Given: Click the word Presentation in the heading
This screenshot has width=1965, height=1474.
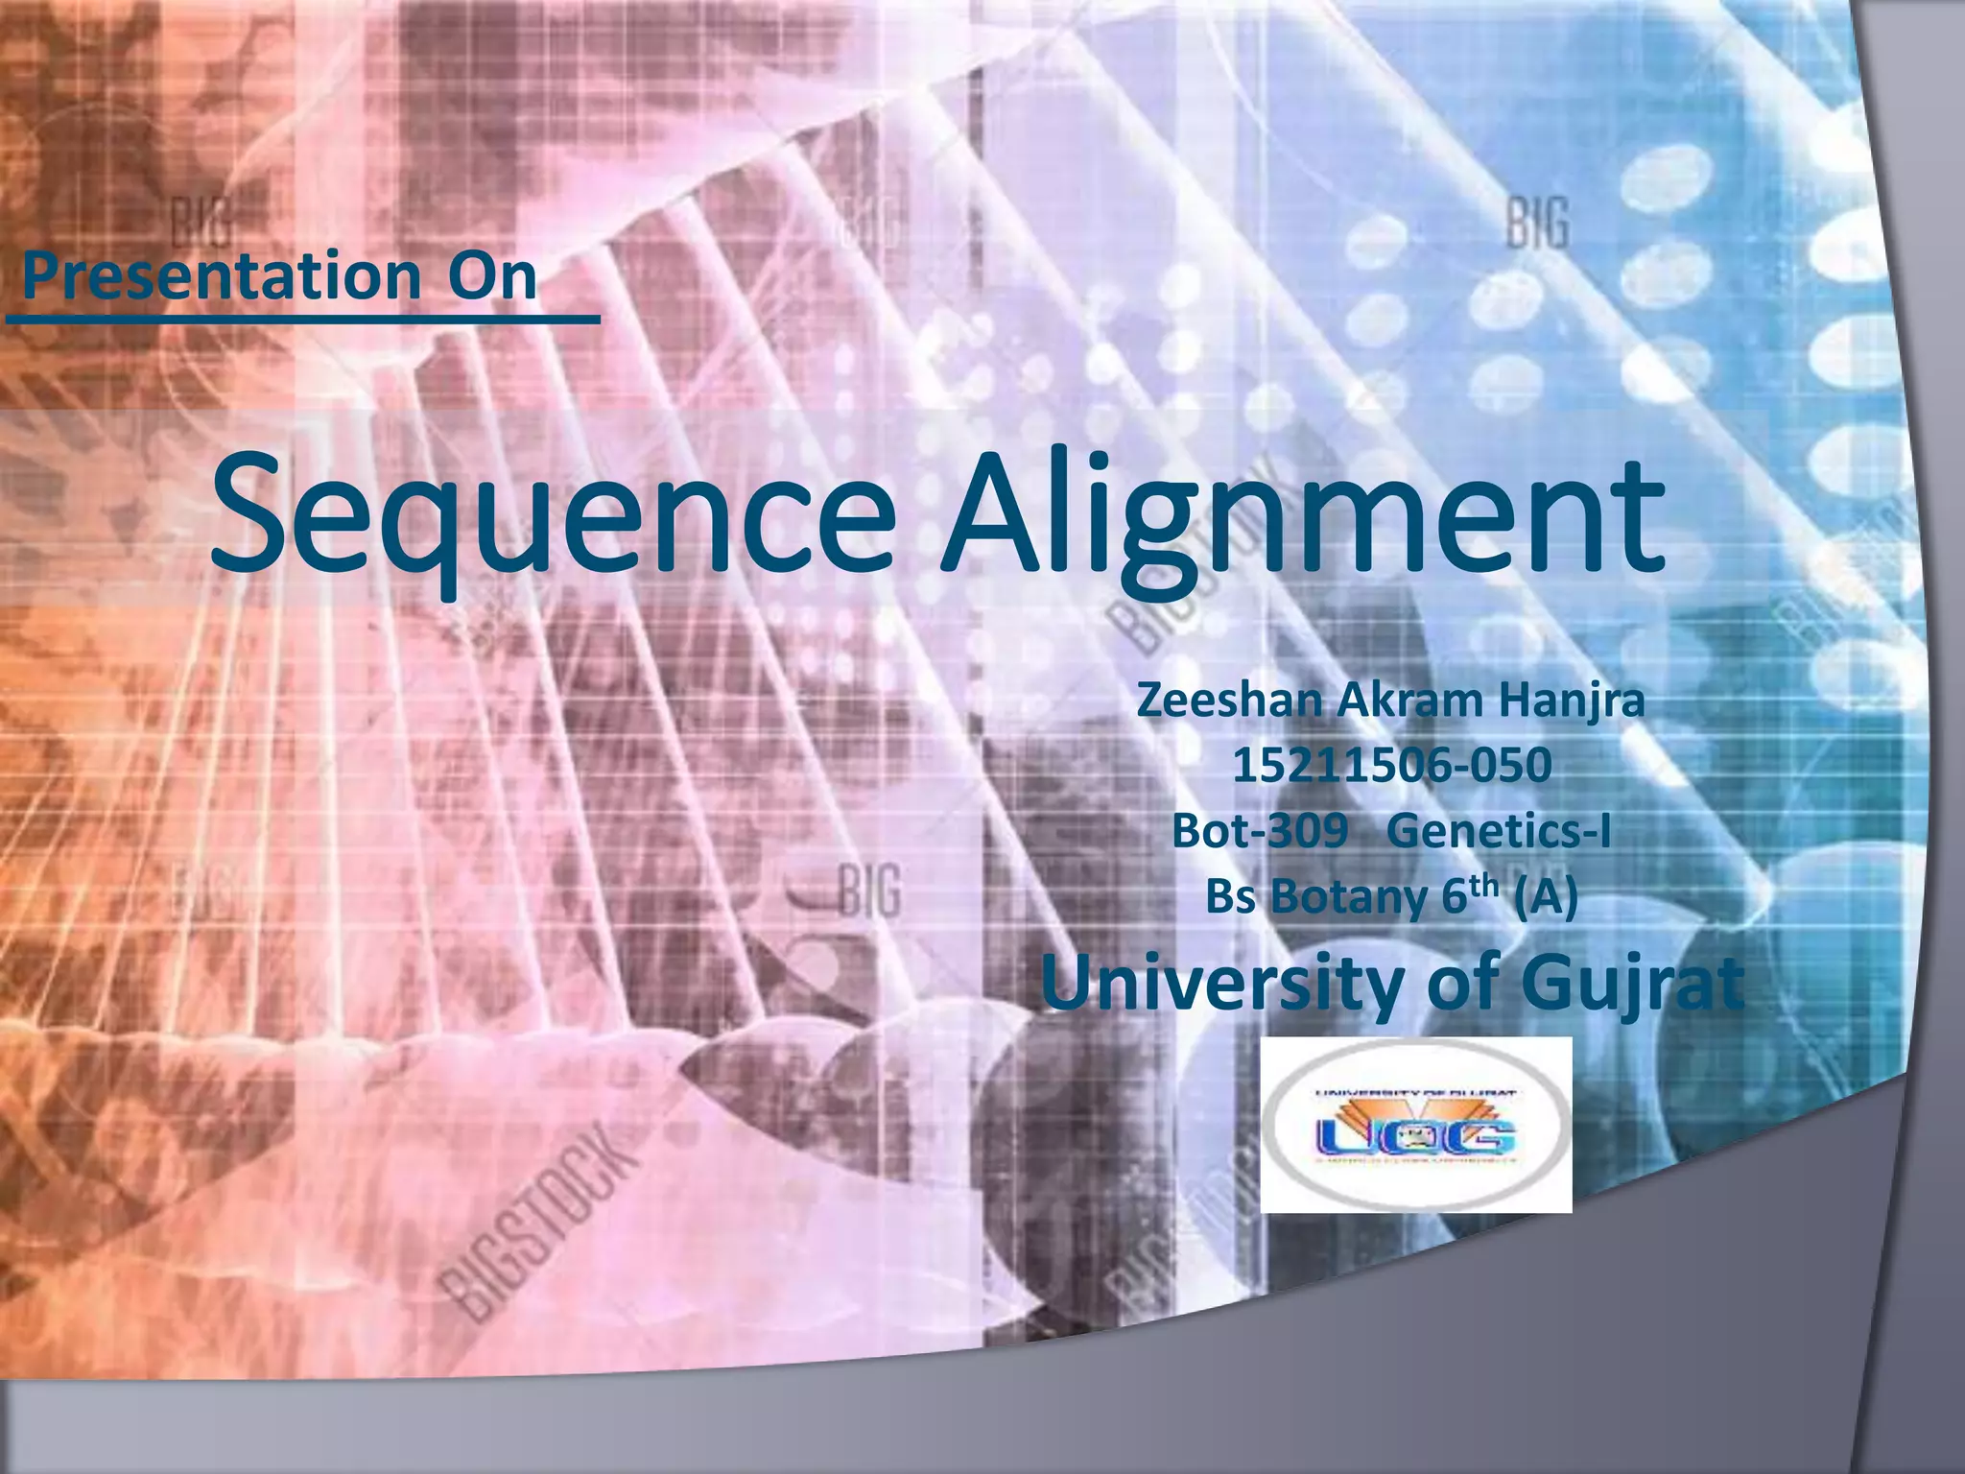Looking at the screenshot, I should [x=221, y=275].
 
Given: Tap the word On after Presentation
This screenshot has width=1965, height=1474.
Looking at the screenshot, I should [x=492, y=275].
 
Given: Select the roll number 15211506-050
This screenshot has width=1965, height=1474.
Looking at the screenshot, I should [x=1391, y=766].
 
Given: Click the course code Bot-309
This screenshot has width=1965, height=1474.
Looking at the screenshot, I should [x=1259, y=831].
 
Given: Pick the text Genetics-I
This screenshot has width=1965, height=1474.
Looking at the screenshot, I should [x=1499, y=831].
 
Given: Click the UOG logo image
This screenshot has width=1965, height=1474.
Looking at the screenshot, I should [x=1415, y=1125].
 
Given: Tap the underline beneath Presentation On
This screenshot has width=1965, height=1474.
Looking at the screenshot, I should [x=302, y=318].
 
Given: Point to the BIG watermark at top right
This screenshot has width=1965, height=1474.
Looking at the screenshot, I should [x=1537, y=223].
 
